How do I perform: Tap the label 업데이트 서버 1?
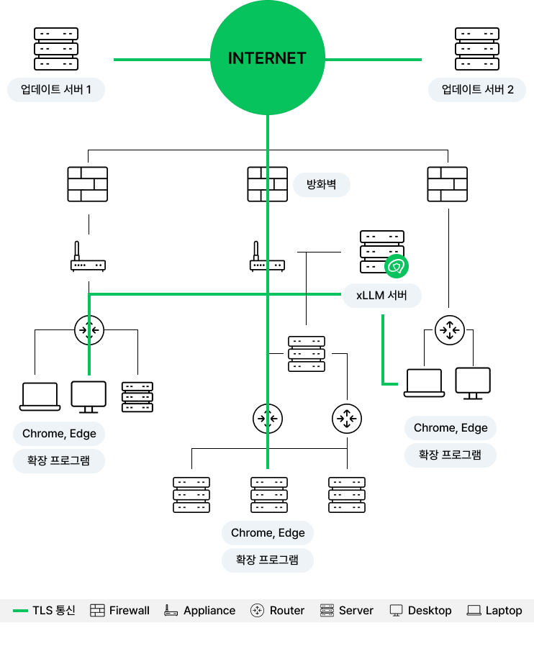click(x=56, y=91)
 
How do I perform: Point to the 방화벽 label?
click(x=322, y=185)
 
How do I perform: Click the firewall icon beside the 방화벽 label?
click(x=268, y=184)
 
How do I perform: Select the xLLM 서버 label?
click(x=381, y=296)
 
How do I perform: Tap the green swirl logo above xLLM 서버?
click(x=397, y=267)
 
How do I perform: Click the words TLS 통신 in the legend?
click(x=54, y=611)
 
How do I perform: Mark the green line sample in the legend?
click(x=21, y=611)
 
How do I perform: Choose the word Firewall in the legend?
click(x=130, y=611)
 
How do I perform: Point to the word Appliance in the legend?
click(x=209, y=611)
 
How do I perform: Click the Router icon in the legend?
click(x=257, y=611)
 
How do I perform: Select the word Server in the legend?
click(x=356, y=611)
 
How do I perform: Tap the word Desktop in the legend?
click(x=430, y=611)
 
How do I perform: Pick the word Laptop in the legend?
click(x=504, y=611)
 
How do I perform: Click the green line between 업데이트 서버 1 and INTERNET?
click(x=161, y=60)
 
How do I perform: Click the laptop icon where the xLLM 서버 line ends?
click(x=424, y=383)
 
